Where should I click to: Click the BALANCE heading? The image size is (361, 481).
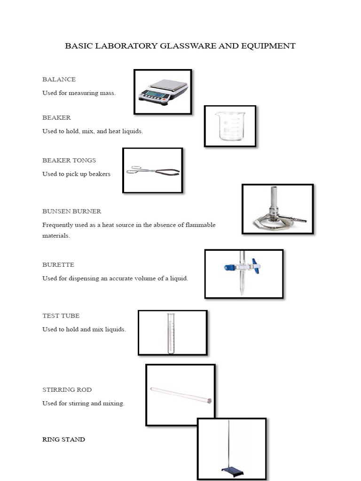tap(59, 79)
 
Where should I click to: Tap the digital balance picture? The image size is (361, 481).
tap(163, 91)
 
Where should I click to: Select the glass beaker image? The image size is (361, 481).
tap(230, 126)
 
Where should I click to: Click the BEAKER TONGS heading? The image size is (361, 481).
tap(69, 160)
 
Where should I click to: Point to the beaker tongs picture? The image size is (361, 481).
tap(153, 171)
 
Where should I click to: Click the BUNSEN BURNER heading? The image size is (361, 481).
tap(71, 211)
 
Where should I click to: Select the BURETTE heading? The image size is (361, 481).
tap(58, 265)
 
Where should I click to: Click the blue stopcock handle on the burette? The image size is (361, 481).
tap(255, 266)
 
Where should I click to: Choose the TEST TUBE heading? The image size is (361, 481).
tap(61, 316)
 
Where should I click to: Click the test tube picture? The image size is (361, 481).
tap(170, 333)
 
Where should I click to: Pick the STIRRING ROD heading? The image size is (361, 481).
tap(67, 390)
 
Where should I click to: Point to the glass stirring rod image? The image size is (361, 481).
tap(180, 395)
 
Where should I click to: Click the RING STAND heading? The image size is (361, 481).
tap(63, 440)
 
